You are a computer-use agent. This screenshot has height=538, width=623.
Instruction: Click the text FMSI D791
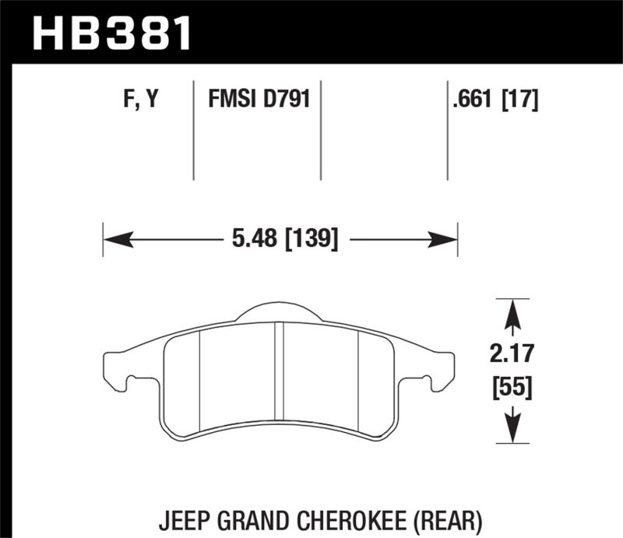(258, 99)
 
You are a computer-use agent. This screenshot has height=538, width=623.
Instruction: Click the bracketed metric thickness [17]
(521, 99)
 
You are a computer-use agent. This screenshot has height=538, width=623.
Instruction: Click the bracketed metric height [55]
(512, 386)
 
